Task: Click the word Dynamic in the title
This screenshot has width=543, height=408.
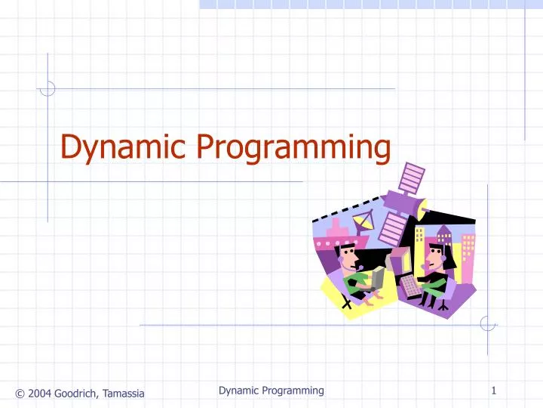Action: (123, 147)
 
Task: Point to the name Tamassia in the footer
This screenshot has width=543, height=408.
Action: (124, 392)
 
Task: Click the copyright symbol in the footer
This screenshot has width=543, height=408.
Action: (19, 392)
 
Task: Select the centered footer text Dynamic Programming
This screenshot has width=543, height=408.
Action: (271, 391)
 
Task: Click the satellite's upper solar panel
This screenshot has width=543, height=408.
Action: (413, 178)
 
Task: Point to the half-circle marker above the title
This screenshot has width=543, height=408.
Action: (48, 88)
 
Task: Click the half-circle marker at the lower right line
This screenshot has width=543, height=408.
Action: (488, 324)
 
